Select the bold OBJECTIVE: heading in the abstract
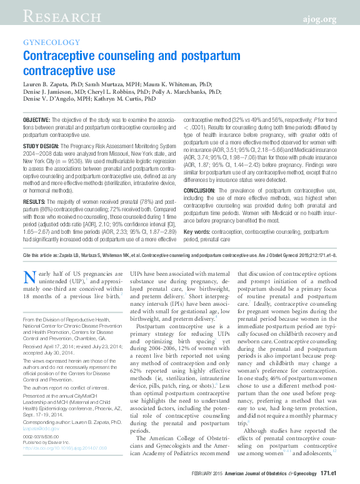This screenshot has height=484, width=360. point(37,119)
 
